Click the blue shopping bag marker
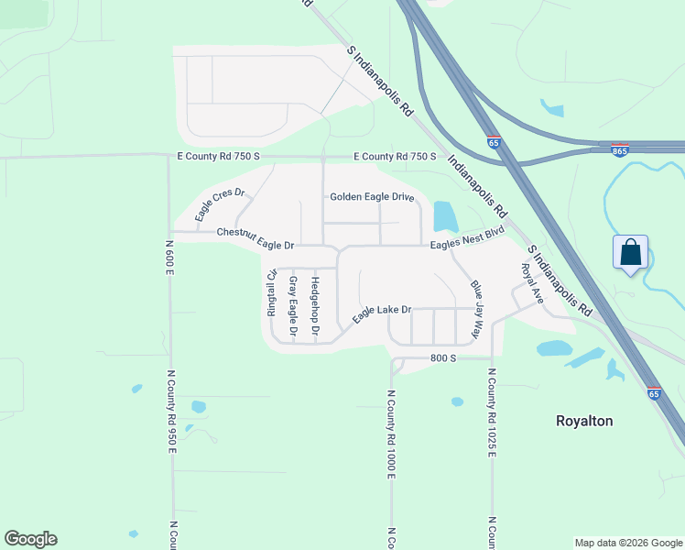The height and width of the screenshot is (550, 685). [631, 252]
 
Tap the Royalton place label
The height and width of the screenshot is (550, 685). [584, 421]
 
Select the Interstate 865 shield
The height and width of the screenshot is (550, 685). [620, 149]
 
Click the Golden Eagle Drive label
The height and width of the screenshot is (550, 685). [372, 197]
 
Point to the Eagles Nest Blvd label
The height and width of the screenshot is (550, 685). [469, 240]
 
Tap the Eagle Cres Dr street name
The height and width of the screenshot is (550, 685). [221, 203]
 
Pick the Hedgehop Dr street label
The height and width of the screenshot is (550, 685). [315, 304]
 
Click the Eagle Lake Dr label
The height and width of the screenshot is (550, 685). [383, 313]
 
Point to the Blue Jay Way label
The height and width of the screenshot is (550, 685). [477, 310]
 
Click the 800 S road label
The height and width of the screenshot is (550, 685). [443, 358]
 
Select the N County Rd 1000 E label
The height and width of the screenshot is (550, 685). [391, 434]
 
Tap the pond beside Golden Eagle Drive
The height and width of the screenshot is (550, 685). [444, 216]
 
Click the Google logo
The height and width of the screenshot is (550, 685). [30, 539]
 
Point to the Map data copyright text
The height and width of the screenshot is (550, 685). [627, 543]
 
